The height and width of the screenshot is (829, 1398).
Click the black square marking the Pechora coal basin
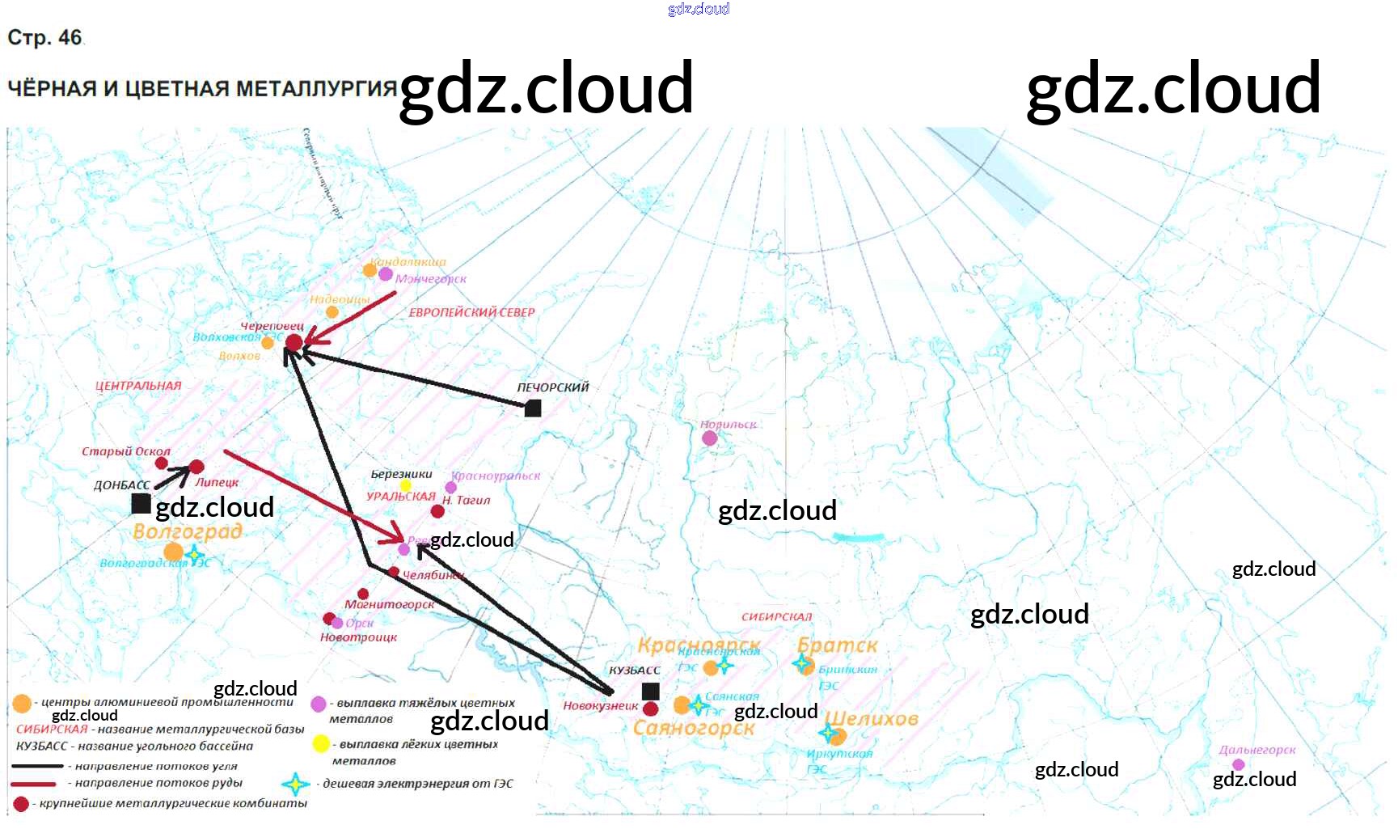pyautogui.click(x=533, y=408)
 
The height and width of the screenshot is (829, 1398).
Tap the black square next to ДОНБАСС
pyautogui.click(x=141, y=504)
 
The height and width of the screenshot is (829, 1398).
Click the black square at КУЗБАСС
pyautogui.click(x=651, y=692)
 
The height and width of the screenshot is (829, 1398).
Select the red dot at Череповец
pyautogui.click(x=294, y=343)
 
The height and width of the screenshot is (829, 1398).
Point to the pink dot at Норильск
pyautogui.click(x=710, y=438)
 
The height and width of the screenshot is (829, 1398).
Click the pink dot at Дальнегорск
pyautogui.click(x=1239, y=765)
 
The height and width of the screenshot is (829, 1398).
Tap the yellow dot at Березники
pyautogui.click(x=406, y=486)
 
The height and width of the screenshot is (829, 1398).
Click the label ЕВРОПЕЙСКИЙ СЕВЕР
pyautogui.click(x=471, y=312)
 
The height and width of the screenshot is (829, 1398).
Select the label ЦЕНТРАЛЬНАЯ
pyautogui.click(x=138, y=386)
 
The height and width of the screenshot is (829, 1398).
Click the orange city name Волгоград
pyautogui.click(x=188, y=531)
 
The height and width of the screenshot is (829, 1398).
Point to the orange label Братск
pyautogui.click(x=837, y=645)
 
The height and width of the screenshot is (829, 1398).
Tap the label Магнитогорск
pyautogui.click(x=389, y=604)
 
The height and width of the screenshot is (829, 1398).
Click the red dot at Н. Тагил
pyautogui.click(x=437, y=511)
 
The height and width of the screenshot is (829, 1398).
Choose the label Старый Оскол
pyautogui.click(x=126, y=451)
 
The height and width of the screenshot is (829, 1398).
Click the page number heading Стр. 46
pyautogui.click(x=45, y=38)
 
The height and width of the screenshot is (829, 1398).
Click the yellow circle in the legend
pyautogui.click(x=321, y=743)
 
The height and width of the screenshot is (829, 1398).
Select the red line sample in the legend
pyautogui.click(x=34, y=784)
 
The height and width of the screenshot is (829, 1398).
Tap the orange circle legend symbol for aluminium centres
pyautogui.click(x=23, y=704)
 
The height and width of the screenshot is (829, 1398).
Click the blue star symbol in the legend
pyautogui.click(x=296, y=784)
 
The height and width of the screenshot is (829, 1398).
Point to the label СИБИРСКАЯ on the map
pyautogui.click(x=776, y=616)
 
